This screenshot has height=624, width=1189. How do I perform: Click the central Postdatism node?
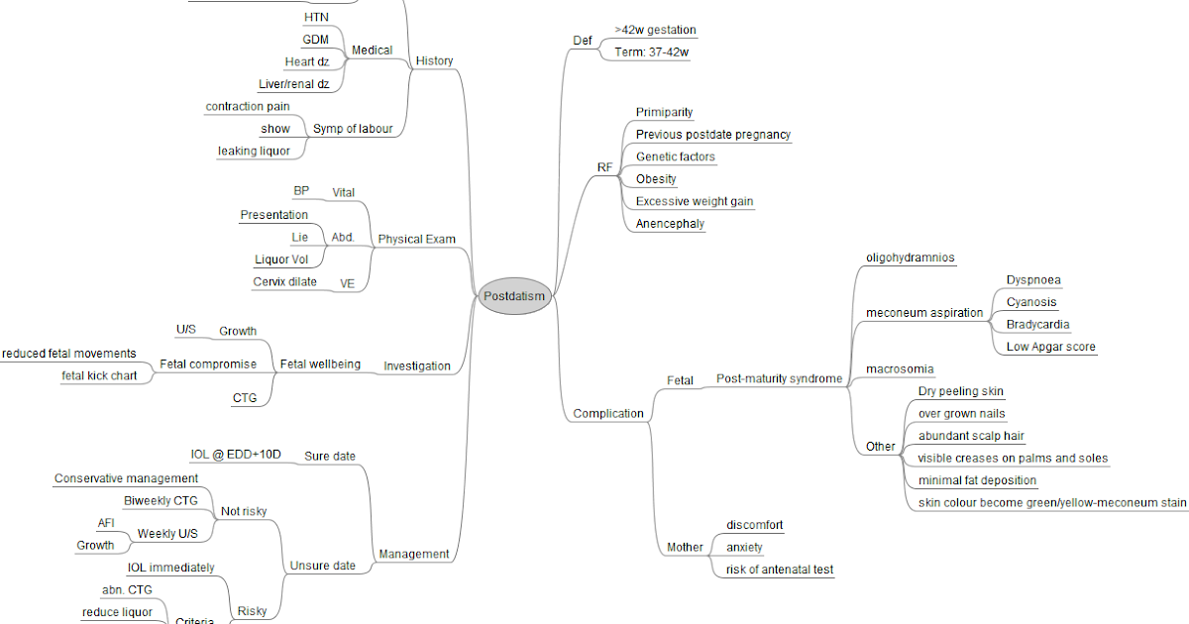pos(514,296)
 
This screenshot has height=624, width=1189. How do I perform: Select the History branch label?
pos(434,61)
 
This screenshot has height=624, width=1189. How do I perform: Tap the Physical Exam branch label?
pos(416,240)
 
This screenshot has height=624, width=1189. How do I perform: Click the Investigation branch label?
pos(417,366)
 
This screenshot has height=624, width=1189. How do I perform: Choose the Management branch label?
pos(414,555)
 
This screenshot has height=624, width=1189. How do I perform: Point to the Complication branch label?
pos(608,414)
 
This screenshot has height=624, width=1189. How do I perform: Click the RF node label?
pos(604,167)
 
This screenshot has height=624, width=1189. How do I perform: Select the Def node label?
pos(583,41)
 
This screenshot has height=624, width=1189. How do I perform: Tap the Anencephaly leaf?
pos(670,224)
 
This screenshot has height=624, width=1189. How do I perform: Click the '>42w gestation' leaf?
pos(655,30)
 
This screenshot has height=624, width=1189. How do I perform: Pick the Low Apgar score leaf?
pos(1050,347)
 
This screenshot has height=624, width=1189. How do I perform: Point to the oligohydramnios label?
pos(910,258)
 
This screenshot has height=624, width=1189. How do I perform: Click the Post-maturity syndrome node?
pos(779,379)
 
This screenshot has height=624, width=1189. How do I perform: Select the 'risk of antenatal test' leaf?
pos(779,570)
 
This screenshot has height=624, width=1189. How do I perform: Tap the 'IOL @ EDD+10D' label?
pos(236,456)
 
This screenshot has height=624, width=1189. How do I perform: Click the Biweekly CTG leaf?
pos(161,501)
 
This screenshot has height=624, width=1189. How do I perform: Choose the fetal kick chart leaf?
pos(99,376)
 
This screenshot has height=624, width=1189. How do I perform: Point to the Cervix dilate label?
pos(285,282)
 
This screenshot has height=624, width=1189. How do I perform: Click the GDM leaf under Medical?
pos(316,40)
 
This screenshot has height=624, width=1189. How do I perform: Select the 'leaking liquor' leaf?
pos(254,152)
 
